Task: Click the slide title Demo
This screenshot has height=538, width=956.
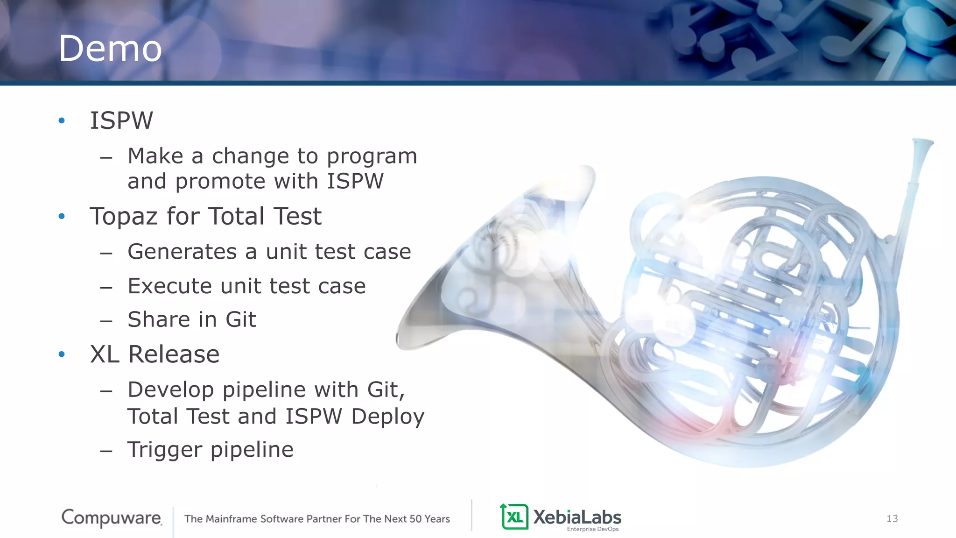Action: pyautogui.click(x=110, y=49)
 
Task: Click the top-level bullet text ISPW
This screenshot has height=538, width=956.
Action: pyautogui.click(x=121, y=120)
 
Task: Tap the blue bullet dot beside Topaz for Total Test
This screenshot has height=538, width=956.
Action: pyautogui.click(x=62, y=216)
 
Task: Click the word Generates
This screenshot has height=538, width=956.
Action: pyautogui.click(x=182, y=252)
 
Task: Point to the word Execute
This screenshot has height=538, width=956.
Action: pyautogui.click(x=169, y=286)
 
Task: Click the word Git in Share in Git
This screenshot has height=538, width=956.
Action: pyautogui.click(x=241, y=320)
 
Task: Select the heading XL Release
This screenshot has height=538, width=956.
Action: pyautogui.click(x=155, y=354)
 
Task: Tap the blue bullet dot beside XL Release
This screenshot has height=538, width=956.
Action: pyautogui.click(x=62, y=354)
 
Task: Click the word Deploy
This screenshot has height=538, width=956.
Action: pyautogui.click(x=387, y=417)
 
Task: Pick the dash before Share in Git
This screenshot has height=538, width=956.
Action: pyautogui.click(x=106, y=321)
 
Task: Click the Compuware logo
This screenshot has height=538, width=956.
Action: pyautogui.click(x=112, y=517)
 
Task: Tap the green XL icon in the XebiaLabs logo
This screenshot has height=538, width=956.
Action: pyautogui.click(x=514, y=517)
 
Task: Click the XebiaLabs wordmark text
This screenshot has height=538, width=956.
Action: pyautogui.click(x=577, y=517)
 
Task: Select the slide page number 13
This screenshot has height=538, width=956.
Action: pyautogui.click(x=892, y=518)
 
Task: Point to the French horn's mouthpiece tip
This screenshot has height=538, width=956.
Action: pyautogui.click(x=923, y=142)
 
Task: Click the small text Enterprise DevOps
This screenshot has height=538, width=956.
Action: pyautogui.click(x=592, y=529)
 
